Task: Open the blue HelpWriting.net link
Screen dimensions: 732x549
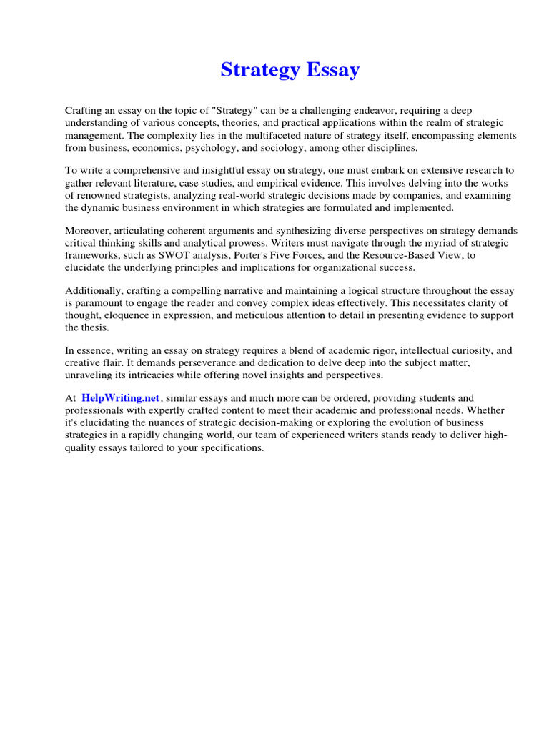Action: click(x=121, y=397)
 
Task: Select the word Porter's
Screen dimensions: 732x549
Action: click(x=245, y=255)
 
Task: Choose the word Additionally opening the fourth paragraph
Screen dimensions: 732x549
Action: click(x=93, y=291)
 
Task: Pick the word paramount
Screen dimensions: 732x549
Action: click(x=99, y=303)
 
